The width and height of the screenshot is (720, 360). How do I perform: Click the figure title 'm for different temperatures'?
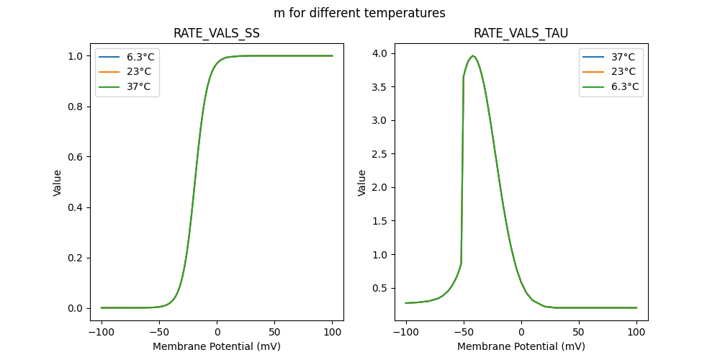359,13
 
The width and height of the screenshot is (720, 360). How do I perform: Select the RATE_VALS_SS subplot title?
216,33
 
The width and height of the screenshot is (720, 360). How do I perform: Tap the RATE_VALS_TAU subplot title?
521,33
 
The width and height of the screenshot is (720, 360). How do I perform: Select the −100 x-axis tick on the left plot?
101,332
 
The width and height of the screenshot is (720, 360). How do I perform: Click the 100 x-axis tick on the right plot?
636,332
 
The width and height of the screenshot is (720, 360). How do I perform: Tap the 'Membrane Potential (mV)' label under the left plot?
216,346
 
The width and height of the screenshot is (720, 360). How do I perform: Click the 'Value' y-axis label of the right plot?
362,183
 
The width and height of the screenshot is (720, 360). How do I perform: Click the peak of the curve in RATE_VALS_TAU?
473,55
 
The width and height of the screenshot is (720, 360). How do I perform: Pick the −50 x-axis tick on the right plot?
464,332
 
